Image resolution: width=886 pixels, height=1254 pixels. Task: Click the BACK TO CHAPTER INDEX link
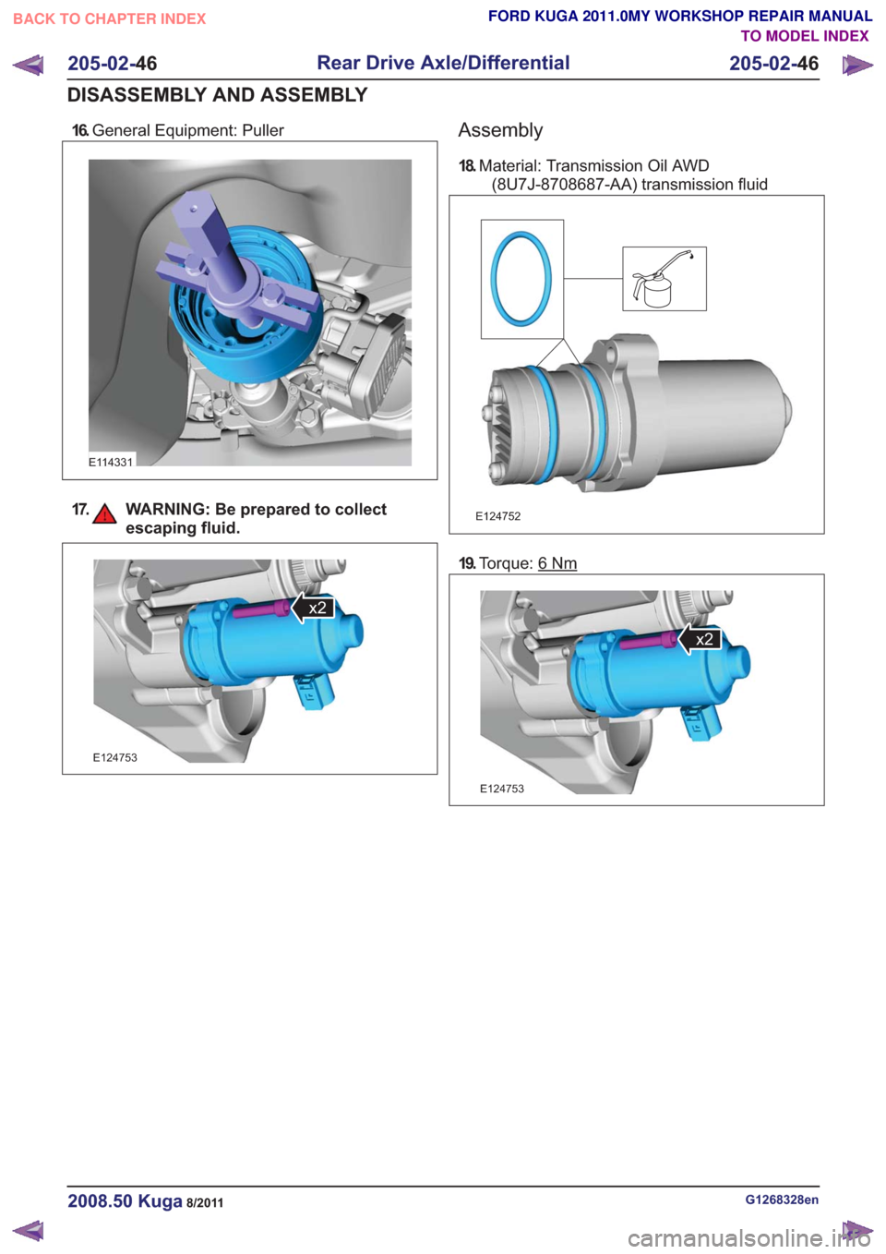point(110,19)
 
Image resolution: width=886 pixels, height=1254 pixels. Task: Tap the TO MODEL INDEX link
point(805,36)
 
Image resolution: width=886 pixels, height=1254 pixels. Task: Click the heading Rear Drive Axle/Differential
point(443,63)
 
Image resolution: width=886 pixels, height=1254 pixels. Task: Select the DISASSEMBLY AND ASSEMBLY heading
point(218,94)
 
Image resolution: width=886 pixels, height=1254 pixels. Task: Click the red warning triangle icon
point(104,513)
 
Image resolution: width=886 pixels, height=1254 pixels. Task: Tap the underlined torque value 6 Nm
point(557,562)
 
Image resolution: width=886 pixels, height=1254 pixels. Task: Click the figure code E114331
point(111,462)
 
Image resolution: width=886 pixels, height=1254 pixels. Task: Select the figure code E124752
point(497,516)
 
